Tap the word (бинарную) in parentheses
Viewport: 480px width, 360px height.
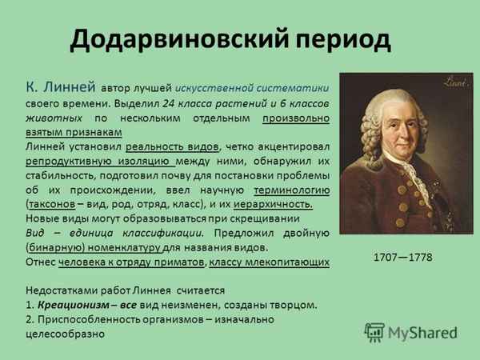click(56, 247)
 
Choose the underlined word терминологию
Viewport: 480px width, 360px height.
click(291, 190)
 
